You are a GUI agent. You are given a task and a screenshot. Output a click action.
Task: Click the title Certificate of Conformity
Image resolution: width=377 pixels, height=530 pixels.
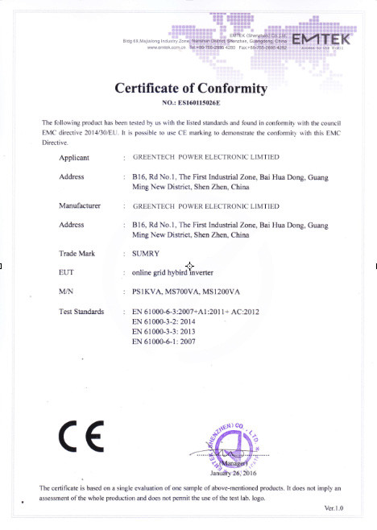click(189, 87)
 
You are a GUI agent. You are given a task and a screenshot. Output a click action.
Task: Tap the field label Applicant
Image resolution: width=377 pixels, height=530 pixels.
click(74, 157)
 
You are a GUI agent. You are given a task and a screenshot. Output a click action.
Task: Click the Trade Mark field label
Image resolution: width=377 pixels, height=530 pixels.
click(77, 254)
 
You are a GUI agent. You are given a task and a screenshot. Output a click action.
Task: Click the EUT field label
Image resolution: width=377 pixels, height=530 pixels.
click(67, 272)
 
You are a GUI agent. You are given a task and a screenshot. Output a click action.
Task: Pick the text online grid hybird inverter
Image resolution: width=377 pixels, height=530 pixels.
click(178, 273)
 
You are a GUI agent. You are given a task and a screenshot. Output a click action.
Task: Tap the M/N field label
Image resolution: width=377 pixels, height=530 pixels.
click(67, 292)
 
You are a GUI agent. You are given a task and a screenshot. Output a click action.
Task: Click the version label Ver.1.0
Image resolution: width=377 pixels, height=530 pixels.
click(333, 509)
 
